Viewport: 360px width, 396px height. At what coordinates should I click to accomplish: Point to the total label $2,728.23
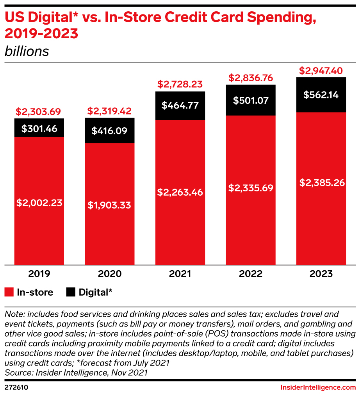180,84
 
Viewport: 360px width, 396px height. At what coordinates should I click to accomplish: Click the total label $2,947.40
321,71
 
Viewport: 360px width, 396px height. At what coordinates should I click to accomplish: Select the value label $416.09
110,131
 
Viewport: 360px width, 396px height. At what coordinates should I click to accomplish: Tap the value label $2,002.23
39,203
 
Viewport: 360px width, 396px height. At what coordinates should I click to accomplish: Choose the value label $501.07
251,100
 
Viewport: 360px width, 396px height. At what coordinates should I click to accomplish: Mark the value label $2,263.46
180,192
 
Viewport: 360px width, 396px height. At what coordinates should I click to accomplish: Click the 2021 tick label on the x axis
180,274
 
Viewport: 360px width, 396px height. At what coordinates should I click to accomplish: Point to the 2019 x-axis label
39,274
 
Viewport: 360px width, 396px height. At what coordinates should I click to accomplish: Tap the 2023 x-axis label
321,274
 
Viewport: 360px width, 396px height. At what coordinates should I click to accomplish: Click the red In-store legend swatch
9,292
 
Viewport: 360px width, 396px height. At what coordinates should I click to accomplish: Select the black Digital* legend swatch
71,292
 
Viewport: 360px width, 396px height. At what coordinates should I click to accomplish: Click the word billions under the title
27,52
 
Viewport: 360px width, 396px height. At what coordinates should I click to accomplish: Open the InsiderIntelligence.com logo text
318,387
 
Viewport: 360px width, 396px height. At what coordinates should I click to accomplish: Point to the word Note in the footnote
13,314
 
